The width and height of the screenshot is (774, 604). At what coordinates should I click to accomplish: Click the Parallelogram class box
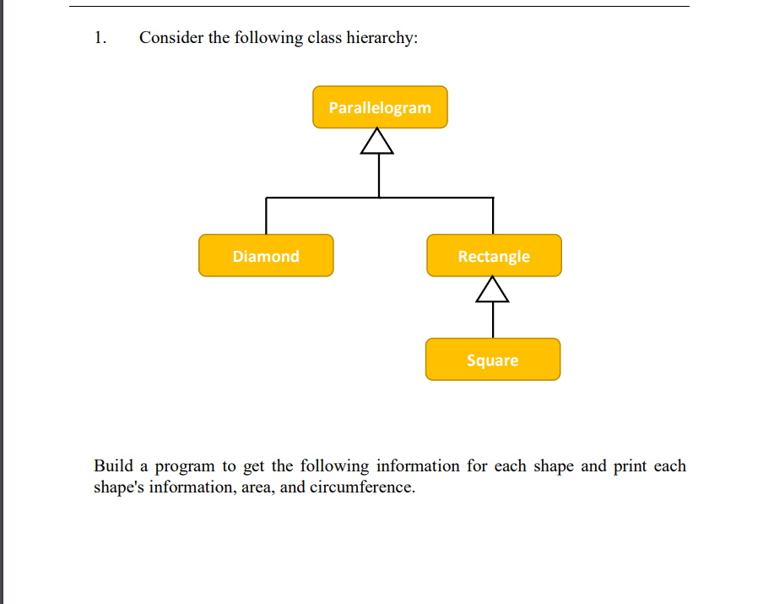(x=380, y=107)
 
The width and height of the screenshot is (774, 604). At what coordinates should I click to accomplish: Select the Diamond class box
(x=266, y=256)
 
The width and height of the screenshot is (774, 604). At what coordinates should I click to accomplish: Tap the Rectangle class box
(x=494, y=256)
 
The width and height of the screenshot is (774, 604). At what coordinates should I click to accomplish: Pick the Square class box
(x=493, y=360)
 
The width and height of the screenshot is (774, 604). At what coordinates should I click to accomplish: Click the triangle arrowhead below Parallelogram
(x=377, y=143)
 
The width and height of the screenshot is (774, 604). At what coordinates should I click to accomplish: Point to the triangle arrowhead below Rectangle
(x=493, y=291)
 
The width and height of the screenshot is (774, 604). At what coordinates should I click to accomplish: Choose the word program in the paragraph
(x=186, y=467)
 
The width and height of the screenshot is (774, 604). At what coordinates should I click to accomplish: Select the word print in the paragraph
(x=631, y=466)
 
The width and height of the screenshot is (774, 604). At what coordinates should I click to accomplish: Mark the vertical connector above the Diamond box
(x=266, y=216)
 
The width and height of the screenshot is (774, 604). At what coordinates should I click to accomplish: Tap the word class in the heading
(x=324, y=38)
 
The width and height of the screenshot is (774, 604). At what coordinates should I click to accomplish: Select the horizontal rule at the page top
(x=379, y=7)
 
